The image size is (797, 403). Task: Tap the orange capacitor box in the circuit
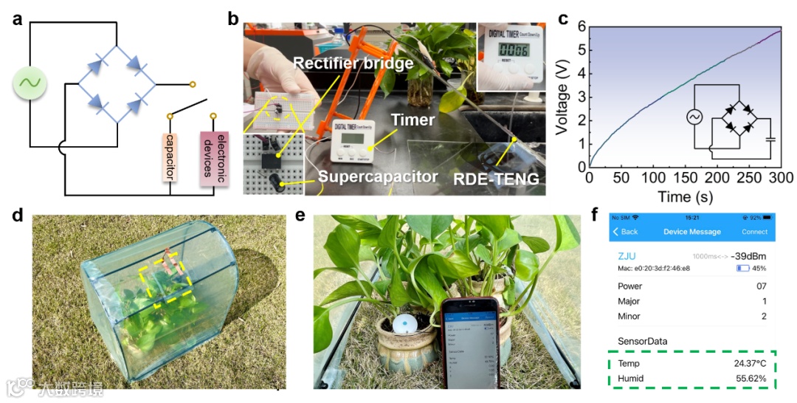pyautogui.click(x=170, y=156)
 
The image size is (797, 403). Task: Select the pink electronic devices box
pyautogui.click(x=212, y=156)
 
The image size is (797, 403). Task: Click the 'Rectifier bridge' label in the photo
pyautogui.click(x=352, y=64)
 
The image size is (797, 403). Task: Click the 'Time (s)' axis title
pyautogui.click(x=686, y=196)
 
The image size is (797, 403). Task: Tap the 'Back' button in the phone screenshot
pyautogui.click(x=626, y=232)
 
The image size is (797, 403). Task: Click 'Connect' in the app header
pyautogui.click(x=753, y=232)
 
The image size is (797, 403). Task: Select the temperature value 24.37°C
pyautogui.click(x=747, y=364)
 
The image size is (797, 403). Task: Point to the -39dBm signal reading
pyautogui.click(x=748, y=255)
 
